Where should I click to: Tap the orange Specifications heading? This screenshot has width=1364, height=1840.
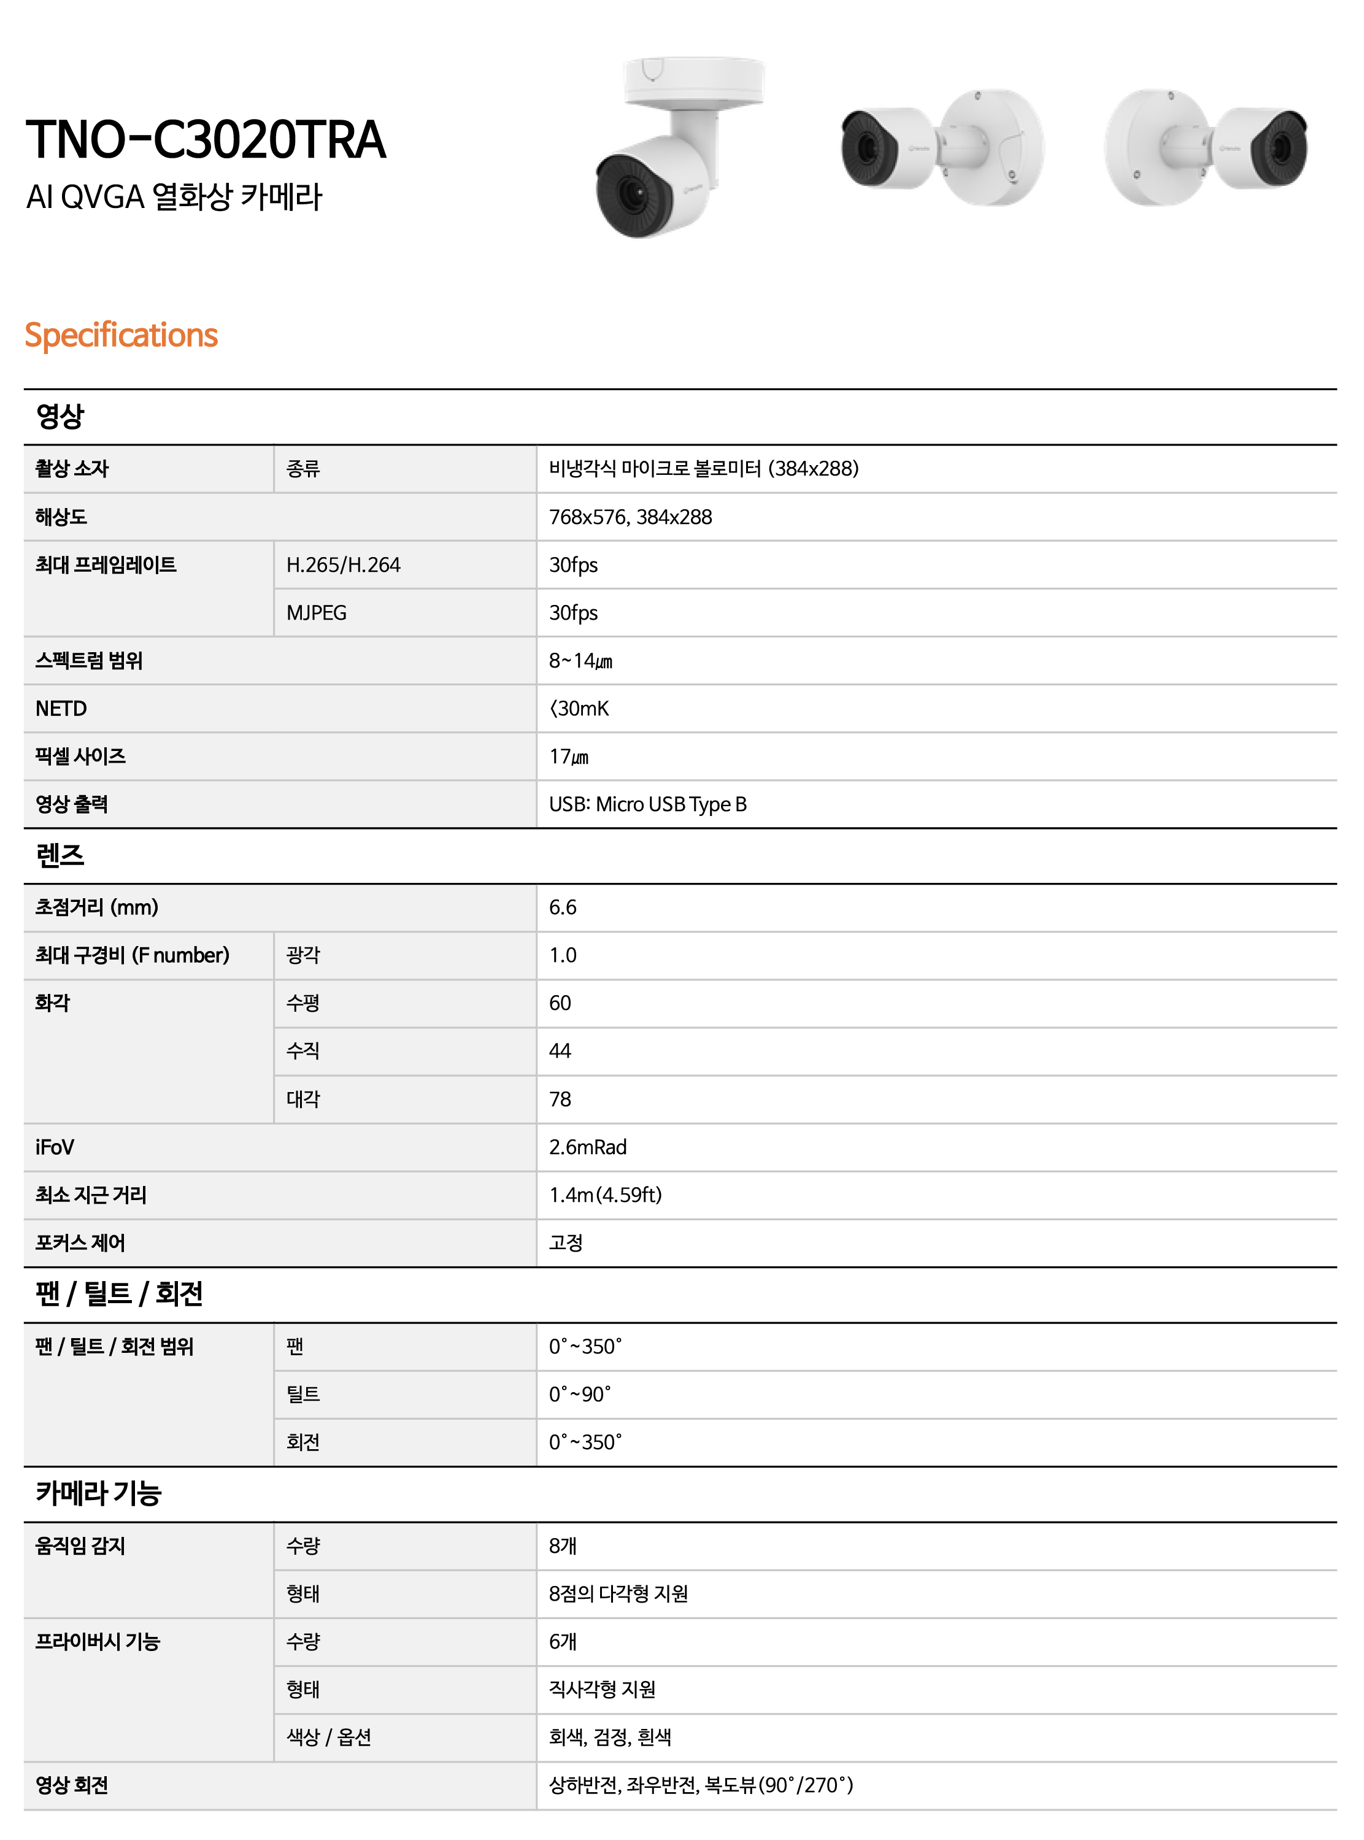click(x=121, y=335)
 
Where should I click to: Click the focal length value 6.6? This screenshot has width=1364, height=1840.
click(x=562, y=908)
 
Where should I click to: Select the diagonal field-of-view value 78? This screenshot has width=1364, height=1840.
click(x=560, y=1099)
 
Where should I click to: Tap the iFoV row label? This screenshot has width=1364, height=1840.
click(x=55, y=1147)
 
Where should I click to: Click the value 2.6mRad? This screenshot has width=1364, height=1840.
click(x=588, y=1147)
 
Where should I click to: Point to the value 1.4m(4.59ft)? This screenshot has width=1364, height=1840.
click(x=605, y=1195)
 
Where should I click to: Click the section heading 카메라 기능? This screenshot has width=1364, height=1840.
click(x=98, y=1493)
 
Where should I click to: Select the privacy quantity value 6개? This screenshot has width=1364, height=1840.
click(x=562, y=1642)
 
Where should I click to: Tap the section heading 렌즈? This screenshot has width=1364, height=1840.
click(x=60, y=856)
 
